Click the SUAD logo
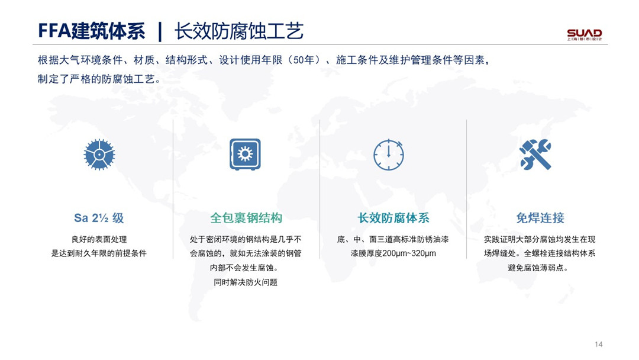tap(585, 34)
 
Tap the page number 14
tap(598, 344)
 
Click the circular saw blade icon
tap(99, 155)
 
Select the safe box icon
tap(245, 154)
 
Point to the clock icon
tap(389, 155)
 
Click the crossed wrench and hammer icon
tap(535, 155)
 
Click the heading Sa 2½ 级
tap(99, 218)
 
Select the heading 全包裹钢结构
tap(246, 218)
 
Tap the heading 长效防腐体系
tap(393, 218)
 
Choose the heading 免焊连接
tap(540, 218)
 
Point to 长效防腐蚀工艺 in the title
tap(239, 31)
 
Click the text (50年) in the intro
tap(303, 60)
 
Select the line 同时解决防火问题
tap(246, 282)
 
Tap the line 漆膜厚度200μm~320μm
tap(393, 253)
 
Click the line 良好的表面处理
tap(99, 239)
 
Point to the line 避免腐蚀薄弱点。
tap(537, 268)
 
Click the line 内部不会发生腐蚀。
tap(244, 268)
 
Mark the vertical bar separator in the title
tap(160, 32)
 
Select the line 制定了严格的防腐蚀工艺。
tap(99, 79)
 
